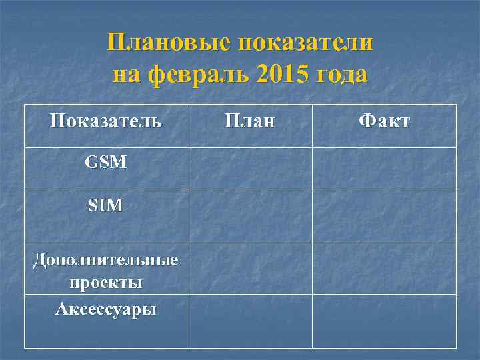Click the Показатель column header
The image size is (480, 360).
pos(106,121)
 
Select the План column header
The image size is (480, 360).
pos(249,121)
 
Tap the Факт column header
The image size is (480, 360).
pos(384,121)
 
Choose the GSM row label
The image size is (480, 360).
pos(106,161)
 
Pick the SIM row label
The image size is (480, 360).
pos(106,206)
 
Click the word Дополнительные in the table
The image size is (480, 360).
pos(106,260)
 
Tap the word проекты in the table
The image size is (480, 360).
pos(106,283)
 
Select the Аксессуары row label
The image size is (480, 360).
pos(106,309)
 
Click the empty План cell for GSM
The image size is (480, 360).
pos(249,169)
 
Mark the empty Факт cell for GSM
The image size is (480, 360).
pos(385,169)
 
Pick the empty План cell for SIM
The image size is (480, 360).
pos(249,218)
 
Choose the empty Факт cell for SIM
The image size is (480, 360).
pos(385,218)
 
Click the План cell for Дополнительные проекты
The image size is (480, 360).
pos(249,269)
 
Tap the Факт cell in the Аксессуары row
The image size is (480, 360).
pos(385,321)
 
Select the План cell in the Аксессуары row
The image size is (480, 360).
pos(249,321)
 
